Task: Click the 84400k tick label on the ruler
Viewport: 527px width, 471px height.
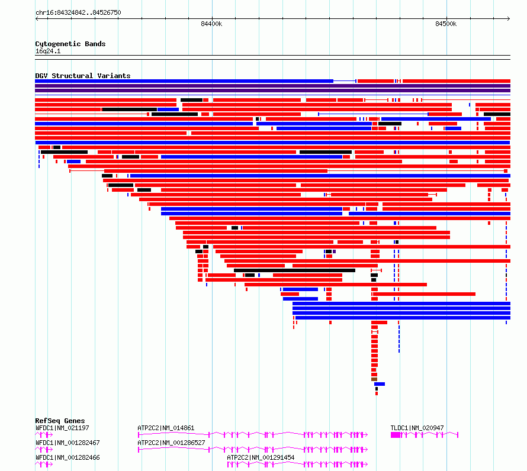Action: point(211,24)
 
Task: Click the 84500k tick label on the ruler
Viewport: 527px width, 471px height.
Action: point(446,24)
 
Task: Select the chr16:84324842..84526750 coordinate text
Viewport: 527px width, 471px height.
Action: point(78,12)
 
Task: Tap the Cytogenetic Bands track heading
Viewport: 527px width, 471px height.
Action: point(70,44)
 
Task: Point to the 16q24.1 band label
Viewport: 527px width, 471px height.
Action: point(48,51)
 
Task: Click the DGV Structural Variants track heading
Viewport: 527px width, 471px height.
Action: point(83,76)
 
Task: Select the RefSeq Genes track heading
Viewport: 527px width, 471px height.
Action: point(60,421)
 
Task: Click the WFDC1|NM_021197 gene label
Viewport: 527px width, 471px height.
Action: point(62,428)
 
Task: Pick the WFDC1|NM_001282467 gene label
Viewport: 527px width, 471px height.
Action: point(68,443)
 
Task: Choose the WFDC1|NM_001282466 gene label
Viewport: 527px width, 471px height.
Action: point(68,457)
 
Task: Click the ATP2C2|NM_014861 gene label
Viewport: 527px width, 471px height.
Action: point(166,428)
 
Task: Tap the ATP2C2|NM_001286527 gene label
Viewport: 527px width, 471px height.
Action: point(171,443)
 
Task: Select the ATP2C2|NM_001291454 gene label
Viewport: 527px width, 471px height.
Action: point(261,457)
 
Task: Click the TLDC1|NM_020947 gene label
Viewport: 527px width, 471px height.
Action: point(417,428)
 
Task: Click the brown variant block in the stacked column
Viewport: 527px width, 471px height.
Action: point(374,379)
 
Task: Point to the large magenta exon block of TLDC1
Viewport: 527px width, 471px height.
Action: point(396,435)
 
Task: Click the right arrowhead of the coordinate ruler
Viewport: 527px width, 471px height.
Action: point(509,19)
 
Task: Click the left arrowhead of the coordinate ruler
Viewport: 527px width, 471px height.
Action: point(37,19)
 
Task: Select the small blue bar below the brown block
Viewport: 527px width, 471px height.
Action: point(380,384)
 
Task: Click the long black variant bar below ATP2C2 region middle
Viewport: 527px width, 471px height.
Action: point(294,270)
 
